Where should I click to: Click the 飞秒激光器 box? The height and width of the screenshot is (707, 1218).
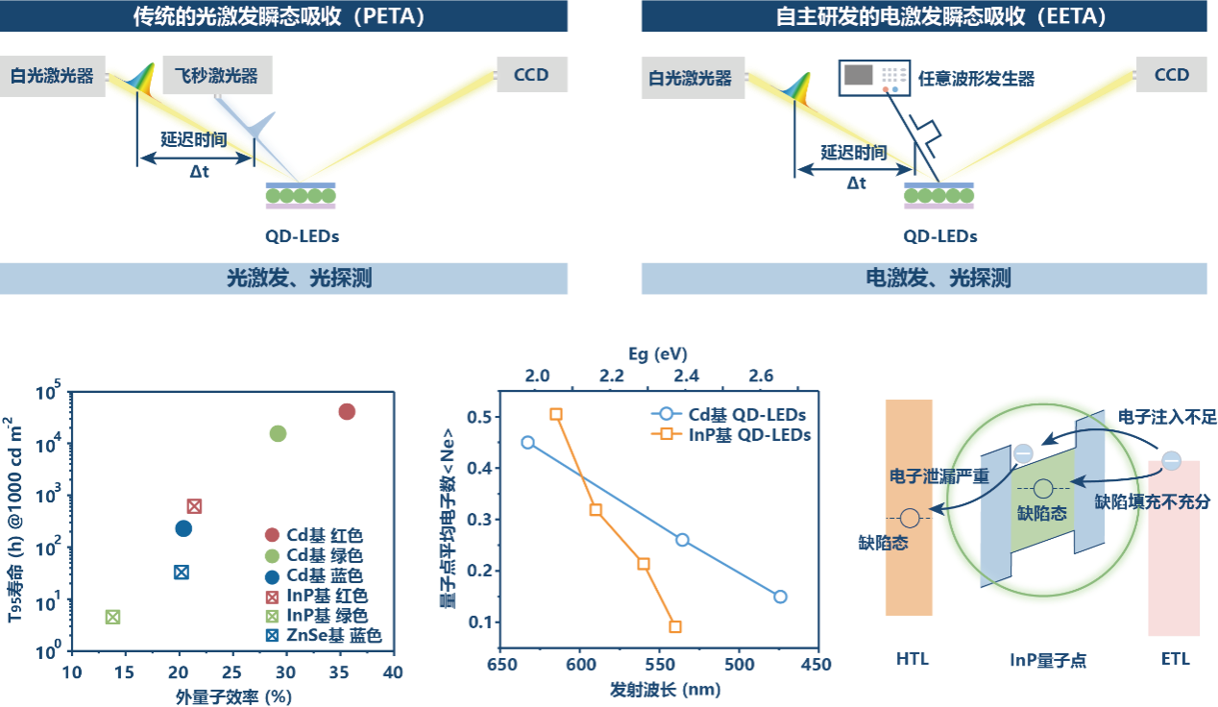[x=216, y=74]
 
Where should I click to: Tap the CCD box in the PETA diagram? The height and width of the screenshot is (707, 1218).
[x=531, y=74]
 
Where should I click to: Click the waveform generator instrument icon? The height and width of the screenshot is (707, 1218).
[x=874, y=77]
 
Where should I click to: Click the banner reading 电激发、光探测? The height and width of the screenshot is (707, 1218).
[x=923, y=279]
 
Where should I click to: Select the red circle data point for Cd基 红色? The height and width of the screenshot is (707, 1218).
[x=347, y=411]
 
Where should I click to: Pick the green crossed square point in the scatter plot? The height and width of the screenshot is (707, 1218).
[x=112, y=617]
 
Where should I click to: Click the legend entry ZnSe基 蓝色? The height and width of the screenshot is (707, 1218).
[x=324, y=636]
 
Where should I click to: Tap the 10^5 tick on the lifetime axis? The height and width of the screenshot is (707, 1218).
[x=47, y=392]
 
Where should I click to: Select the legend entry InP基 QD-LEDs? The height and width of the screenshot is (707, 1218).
[x=737, y=434]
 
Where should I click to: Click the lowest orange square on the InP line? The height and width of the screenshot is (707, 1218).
[x=675, y=627]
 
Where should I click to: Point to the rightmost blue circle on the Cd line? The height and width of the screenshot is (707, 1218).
[x=780, y=597]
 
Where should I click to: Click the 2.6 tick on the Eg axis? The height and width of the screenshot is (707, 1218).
[x=762, y=375]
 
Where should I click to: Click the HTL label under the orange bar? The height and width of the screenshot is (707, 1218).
[x=913, y=659]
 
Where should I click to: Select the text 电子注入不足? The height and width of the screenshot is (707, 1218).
[x=1167, y=417]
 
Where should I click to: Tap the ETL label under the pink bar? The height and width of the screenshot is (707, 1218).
[x=1174, y=659]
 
